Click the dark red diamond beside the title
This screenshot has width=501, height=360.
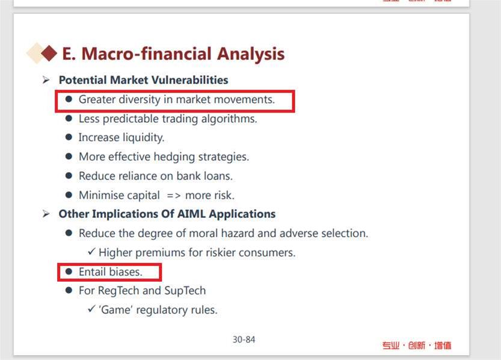point(49,53)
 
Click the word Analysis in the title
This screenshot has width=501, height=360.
point(251,54)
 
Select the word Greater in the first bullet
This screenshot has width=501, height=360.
point(97,99)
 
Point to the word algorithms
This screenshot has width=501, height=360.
point(229,119)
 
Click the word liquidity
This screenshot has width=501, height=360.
point(144,137)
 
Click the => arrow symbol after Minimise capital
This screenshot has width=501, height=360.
point(174,195)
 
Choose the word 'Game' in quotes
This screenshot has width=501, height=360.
point(115,310)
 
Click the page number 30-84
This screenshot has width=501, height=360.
point(244,340)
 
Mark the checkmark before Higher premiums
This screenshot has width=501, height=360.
point(91,251)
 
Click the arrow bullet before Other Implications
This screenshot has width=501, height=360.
point(46,214)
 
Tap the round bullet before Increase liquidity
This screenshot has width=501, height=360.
point(69,137)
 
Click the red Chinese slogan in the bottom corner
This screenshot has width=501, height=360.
point(417,346)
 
